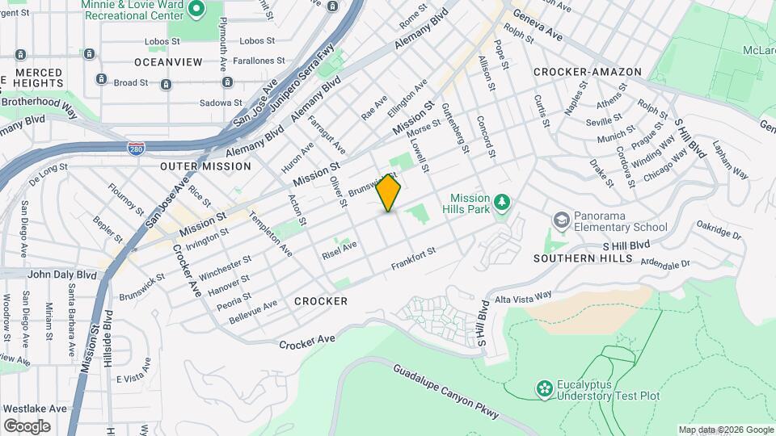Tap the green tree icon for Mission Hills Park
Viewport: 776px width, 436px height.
[x=501, y=201]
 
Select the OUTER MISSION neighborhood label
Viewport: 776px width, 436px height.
[x=205, y=166]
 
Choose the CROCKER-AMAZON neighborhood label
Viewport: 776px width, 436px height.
[x=587, y=72]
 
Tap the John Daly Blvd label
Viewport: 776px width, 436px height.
[x=61, y=275]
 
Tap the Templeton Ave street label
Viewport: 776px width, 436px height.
[x=271, y=234]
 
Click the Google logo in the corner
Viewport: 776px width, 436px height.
[x=27, y=426]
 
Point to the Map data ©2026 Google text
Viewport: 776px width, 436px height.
[x=726, y=430]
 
